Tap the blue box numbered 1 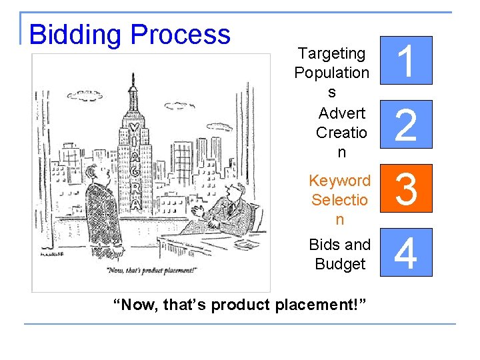coord(407,60)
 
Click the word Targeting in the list coord(331,53)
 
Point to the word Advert coord(341,113)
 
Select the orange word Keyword coord(339,181)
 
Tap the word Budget coord(340,264)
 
